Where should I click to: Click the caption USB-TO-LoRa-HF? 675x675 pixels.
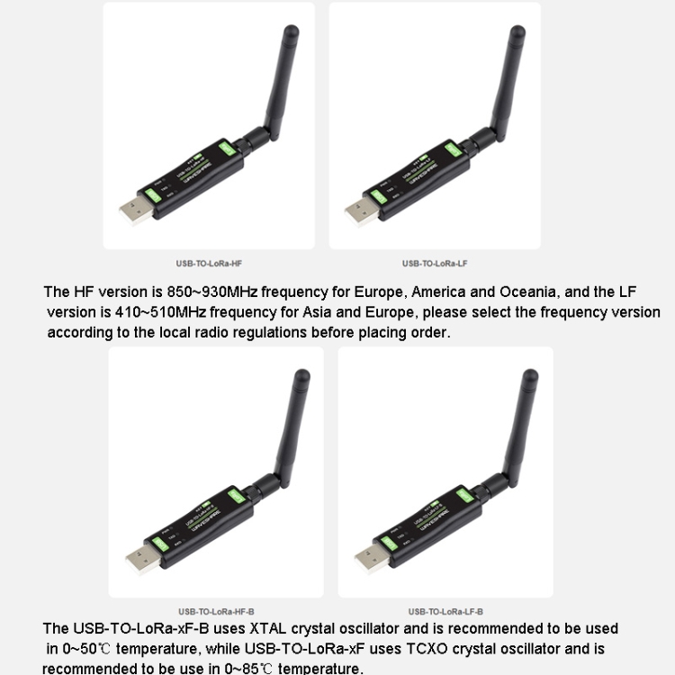pyautogui.click(x=209, y=264)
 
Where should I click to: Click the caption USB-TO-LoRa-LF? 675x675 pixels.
pyautogui.click(x=434, y=264)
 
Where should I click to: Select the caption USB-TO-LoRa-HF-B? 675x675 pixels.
pyautogui.click(x=216, y=611)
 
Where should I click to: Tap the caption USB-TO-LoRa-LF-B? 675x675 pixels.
pyautogui.click(x=445, y=611)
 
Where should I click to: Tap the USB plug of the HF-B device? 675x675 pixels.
pyautogui.click(x=142, y=558)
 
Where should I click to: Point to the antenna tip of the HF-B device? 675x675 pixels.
pyautogui.click(x=301, y=380)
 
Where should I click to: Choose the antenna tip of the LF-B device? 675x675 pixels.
pyautogui.click(x=530, y=380)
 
